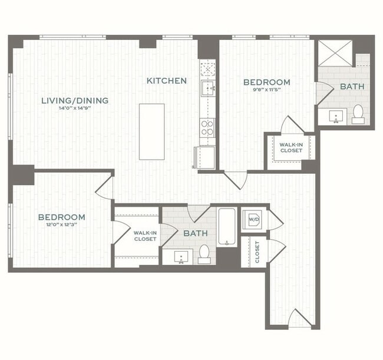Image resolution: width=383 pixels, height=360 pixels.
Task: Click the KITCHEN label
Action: [167, 81]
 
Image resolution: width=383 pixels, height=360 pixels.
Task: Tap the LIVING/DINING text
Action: [75, 101]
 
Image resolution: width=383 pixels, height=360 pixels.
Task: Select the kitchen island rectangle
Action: [151, 131]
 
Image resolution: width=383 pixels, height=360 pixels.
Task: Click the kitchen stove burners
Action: [207, 127]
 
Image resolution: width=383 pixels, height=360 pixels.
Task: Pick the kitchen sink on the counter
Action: [207, 89]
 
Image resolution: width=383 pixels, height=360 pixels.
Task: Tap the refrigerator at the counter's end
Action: [206, 157]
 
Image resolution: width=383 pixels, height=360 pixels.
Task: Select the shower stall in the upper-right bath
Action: [335, 53]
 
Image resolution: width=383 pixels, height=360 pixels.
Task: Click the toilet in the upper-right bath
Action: [358, 114]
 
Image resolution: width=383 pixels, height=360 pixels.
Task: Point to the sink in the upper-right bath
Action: [336, 115]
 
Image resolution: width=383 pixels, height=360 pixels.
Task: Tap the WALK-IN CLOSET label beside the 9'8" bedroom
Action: [291, 147]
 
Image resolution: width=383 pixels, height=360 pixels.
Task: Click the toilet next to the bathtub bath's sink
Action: [204, 253]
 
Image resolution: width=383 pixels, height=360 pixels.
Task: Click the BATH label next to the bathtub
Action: [195, 234]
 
